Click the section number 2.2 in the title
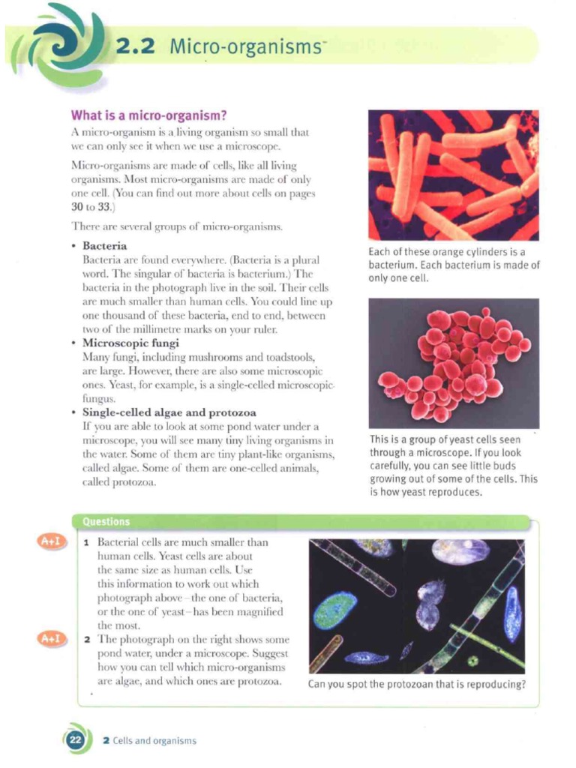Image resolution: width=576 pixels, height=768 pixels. [135, 46]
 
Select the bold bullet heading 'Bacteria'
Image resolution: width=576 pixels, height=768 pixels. [104, 246]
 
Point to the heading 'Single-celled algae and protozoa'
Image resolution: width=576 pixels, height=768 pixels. [169, 413]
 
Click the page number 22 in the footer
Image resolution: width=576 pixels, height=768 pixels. [75, 739]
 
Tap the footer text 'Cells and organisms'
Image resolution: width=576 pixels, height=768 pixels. [154, 740]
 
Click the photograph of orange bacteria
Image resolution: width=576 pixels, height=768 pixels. [453, 175]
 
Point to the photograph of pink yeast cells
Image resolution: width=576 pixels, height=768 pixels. [453, 363]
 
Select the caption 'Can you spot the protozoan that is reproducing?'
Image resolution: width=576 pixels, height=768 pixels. [416, 683]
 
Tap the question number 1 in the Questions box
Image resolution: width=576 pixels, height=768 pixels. [87, 541]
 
